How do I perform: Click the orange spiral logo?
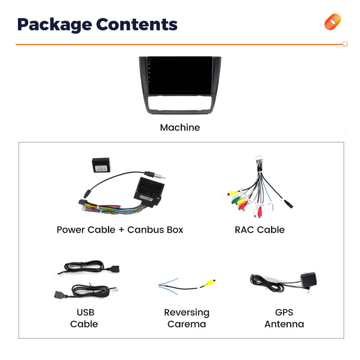(333, 22)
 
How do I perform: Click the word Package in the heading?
(54, 24)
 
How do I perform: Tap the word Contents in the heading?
(136, 24)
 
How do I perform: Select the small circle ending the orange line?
(345, 44)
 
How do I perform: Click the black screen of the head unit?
(180, 76)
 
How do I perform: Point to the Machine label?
(180, 127)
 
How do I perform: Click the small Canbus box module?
(101, 165)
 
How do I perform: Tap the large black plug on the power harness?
(148, 190)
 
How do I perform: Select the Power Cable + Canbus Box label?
(120, 229)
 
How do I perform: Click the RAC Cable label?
(259, 229)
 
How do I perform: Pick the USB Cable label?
(84, 318)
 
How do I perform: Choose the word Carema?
(186, 324)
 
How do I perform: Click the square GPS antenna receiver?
(308, 279)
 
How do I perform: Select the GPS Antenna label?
(284, 318)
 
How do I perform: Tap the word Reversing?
(186, 312)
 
